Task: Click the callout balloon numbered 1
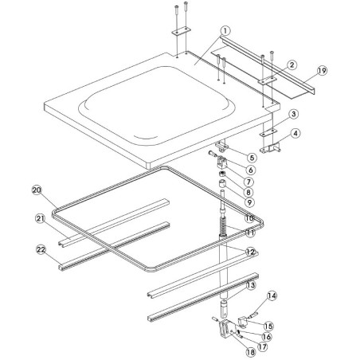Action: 225,31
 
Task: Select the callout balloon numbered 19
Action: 322,70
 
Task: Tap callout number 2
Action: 292,65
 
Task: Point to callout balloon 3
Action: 293,115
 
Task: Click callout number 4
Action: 295,133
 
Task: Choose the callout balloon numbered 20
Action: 37,190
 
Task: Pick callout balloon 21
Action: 40,218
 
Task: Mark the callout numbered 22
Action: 41,250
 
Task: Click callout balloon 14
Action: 272,296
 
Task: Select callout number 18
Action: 250,352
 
